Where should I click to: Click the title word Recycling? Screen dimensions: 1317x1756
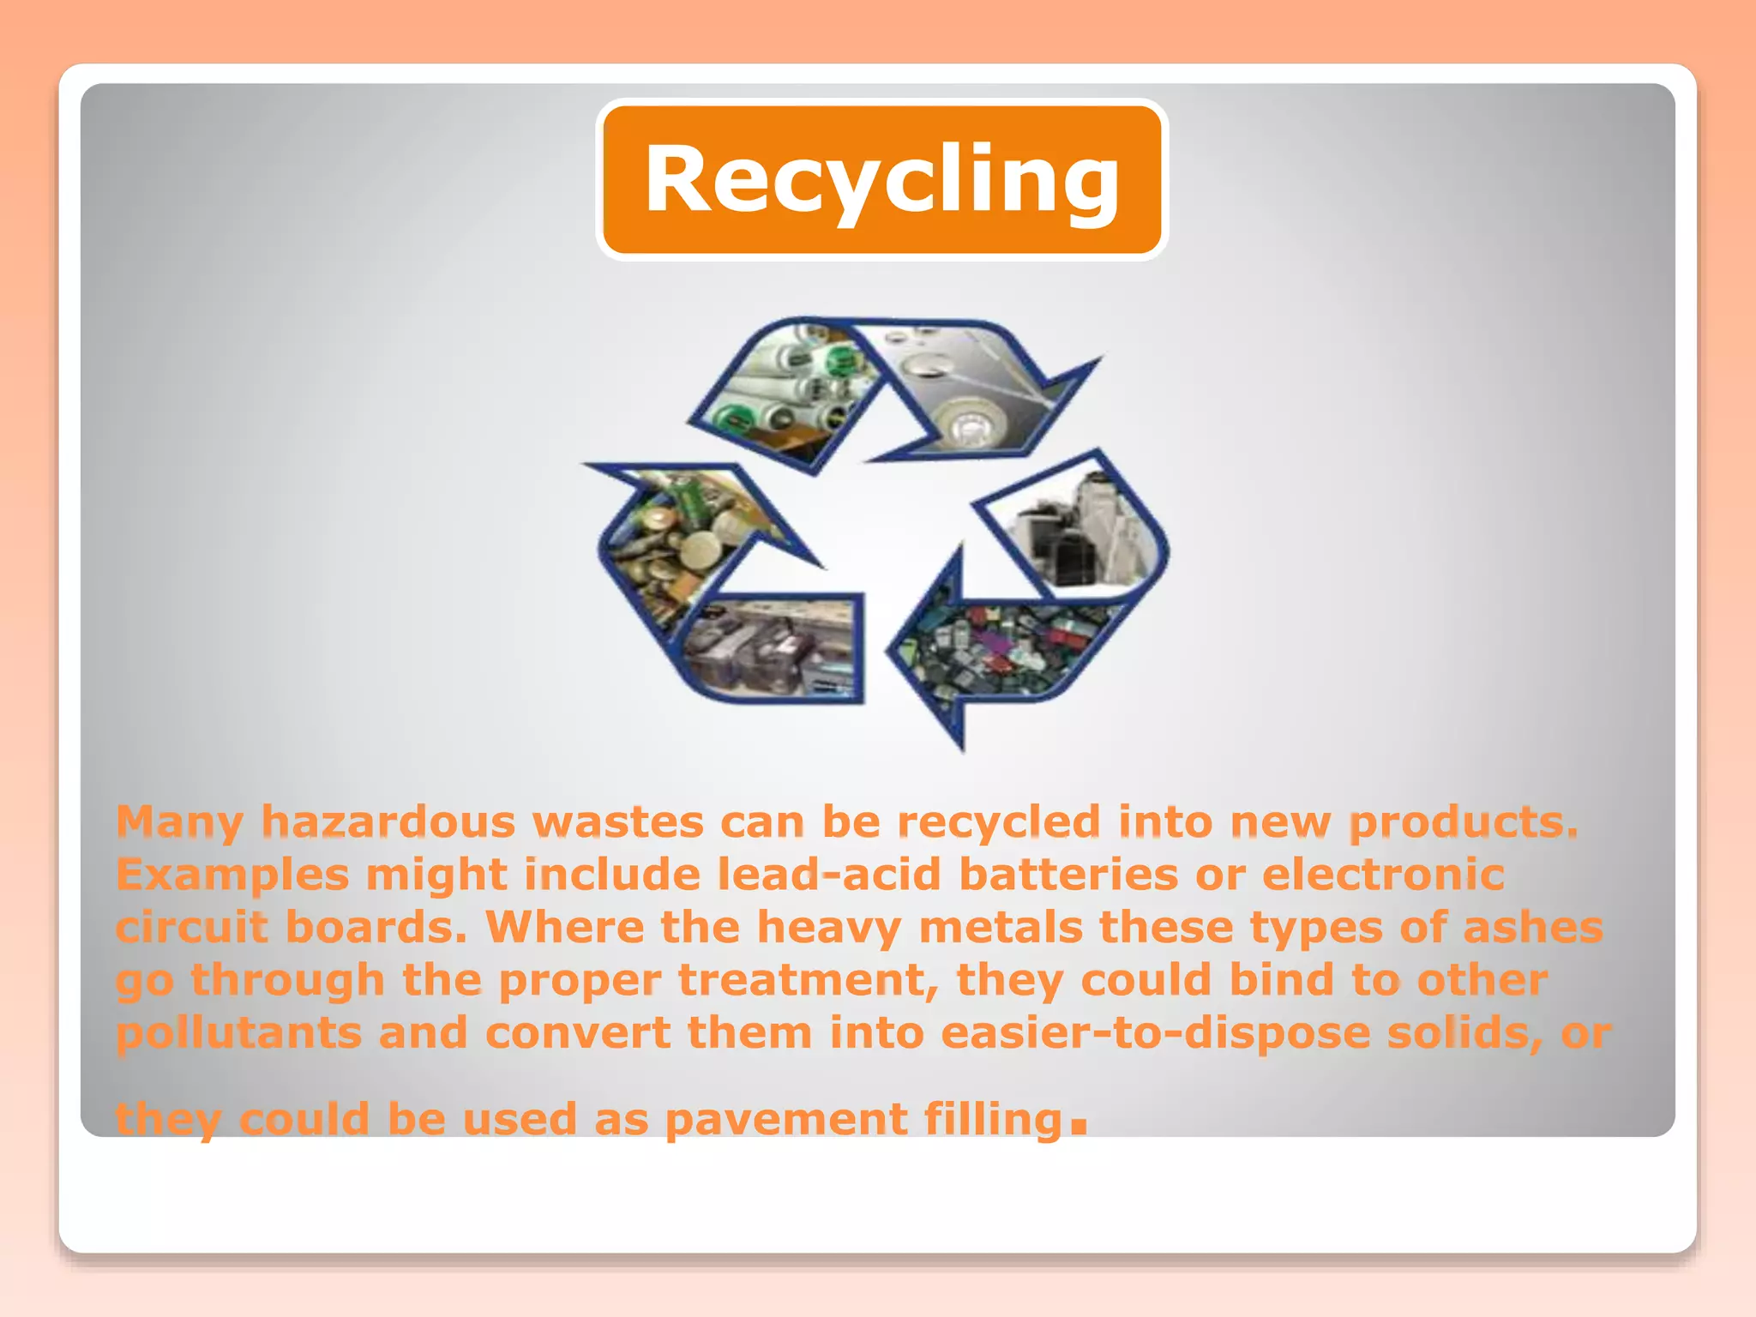(x=881, y=178)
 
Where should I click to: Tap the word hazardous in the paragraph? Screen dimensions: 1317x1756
(x=388, y=821)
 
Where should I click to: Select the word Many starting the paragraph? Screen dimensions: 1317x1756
(x=179, y=821)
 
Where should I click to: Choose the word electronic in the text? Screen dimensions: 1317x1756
(x=1383, y=875)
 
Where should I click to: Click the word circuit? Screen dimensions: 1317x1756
(x=191, y=927)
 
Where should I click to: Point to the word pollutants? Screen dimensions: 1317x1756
(x=238, y=1033)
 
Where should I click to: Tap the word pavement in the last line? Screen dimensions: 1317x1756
(x=785, y=1119)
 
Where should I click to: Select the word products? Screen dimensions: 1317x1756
(x=1463, y=821)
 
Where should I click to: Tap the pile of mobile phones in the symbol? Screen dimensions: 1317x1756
(x=1003, y=652)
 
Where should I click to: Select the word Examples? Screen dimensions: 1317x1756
(x=232, y=875)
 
